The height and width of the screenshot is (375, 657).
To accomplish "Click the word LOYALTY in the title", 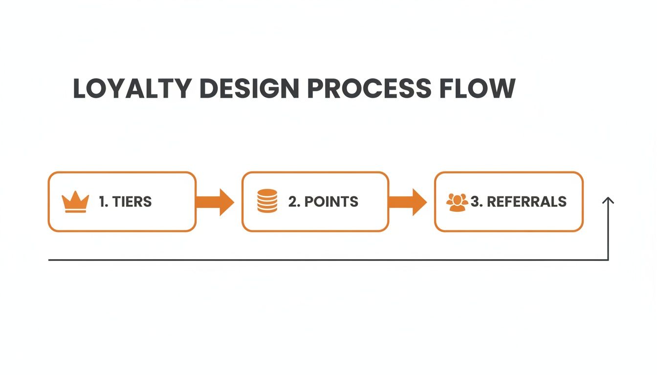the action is [132, 88].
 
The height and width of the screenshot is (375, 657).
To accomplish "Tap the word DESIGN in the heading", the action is [249, 88].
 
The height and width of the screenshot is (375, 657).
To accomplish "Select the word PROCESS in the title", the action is [369, 88].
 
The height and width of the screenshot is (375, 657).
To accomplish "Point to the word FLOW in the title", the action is [477, 88].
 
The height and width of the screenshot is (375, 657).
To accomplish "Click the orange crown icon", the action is [75, 202].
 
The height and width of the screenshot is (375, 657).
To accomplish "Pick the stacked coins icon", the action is [267, 201].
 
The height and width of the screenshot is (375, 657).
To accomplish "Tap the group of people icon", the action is [457, 202].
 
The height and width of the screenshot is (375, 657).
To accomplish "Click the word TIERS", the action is [132, 202].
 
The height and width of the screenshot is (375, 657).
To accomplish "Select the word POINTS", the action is [331, 202].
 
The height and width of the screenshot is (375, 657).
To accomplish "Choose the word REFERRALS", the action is [526, 202].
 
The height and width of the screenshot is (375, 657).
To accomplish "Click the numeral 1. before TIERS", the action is [104, 202].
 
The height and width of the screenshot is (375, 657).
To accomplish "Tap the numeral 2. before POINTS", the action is [294, 202].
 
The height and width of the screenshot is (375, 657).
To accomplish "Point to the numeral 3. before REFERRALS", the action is [477, 202].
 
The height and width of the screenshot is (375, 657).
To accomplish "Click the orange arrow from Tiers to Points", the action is [215, 202].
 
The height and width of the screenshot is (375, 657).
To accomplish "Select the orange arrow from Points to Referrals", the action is [407, 202].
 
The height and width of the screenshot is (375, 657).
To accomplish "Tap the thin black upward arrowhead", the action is [608, 200].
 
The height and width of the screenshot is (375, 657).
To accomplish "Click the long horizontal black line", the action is [328, 260].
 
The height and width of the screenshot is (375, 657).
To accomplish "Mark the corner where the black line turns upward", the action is [608, 260].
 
